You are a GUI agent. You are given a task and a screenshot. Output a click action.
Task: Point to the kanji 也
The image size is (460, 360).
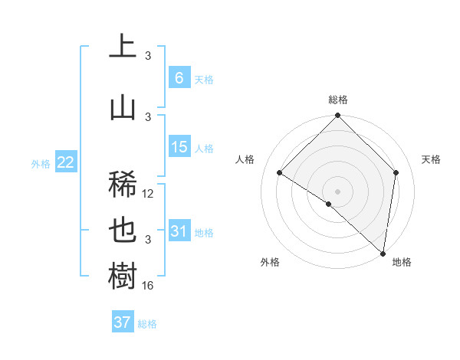(x=123, y=231)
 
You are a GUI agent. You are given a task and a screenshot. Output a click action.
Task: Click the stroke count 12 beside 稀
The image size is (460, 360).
(x=149, y=194)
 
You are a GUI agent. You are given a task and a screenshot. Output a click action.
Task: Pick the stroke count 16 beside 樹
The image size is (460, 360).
(x=149, y=286)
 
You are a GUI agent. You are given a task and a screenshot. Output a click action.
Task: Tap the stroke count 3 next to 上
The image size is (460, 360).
(x=149, y=56)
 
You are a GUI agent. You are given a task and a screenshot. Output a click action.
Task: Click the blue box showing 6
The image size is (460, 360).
(x=179, y=77)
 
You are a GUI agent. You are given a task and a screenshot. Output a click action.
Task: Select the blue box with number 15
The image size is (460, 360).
(x=179, y=147)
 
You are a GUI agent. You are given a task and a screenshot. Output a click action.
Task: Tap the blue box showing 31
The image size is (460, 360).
(x=179, y=231)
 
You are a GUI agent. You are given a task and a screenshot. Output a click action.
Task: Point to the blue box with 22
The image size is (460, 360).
(x=65, y=162)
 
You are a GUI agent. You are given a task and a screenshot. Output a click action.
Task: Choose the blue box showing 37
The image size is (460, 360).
(x=123, y=322)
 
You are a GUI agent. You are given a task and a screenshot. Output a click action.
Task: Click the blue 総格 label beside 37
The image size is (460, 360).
(x=147, y=324)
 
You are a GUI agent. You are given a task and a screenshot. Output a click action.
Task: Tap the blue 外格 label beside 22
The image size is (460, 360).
(x=41, y=164)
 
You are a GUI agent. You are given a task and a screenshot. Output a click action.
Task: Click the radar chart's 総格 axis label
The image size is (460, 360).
(x=337, y=100)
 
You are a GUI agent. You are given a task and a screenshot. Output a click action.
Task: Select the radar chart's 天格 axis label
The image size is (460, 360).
(x=432, y=159)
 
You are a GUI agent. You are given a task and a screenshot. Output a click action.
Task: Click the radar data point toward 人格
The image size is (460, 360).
(x=280, y=173)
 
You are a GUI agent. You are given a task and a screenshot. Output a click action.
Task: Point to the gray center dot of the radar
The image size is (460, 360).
(x=337, y=191)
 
